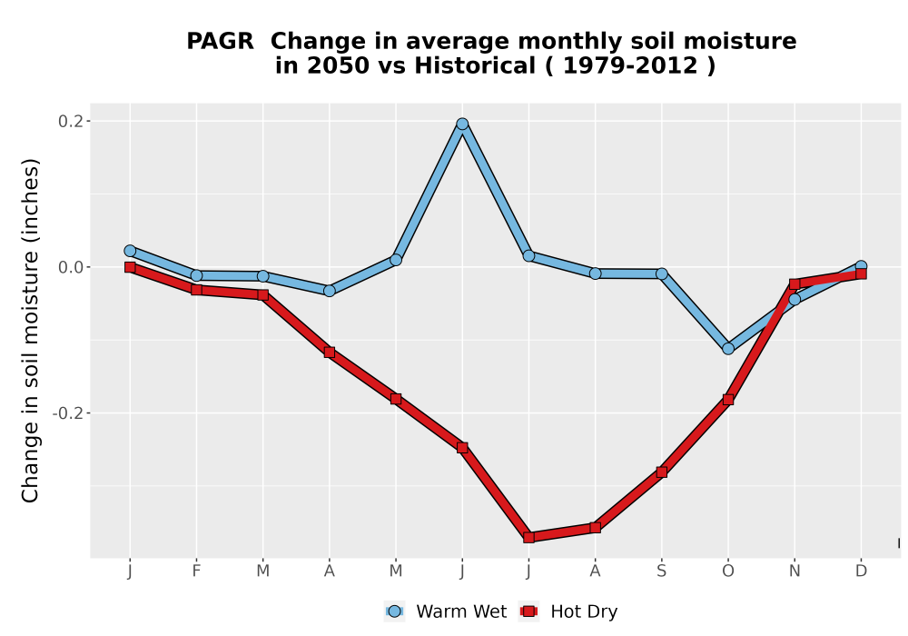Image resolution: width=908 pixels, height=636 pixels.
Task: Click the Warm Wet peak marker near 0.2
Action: point(462,124)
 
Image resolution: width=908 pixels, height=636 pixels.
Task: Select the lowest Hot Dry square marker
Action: point(528,538)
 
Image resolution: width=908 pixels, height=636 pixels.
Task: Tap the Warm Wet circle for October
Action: point(728,349)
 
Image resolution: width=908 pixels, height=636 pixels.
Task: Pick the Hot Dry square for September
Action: point(662,472)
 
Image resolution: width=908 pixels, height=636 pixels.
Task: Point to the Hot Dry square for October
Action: point(728,400)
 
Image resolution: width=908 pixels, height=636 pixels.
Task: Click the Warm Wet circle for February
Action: point(196,275)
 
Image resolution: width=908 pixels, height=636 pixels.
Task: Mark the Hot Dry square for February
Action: point(196,290)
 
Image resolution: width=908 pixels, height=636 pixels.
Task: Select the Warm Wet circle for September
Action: point(662,274)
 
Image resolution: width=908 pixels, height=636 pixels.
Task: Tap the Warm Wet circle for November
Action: point(794,300)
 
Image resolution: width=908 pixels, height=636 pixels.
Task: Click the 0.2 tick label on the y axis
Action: point(71,121)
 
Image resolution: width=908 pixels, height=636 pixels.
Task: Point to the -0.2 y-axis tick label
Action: point(68,413)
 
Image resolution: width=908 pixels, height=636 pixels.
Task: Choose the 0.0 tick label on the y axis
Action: point(71,267)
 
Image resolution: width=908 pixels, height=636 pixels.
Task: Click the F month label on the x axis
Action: point(196,571)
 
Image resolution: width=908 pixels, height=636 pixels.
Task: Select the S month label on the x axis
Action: point(662,571)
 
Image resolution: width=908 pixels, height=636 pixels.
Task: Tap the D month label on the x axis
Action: point(861,571)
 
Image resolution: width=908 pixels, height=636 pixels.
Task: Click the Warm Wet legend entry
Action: point(445,611)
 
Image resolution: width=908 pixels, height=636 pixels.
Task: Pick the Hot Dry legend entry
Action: point(568,611)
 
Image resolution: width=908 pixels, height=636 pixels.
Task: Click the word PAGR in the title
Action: point(220,42)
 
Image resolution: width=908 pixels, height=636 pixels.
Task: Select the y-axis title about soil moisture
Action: point(30,330)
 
